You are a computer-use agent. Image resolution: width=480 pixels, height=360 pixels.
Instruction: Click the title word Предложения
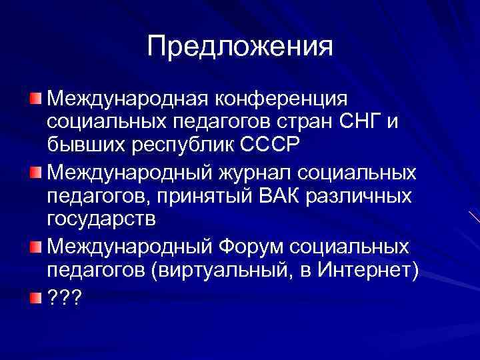tap(239, 47)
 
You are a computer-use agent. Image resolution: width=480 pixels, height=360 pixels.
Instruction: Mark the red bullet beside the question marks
tap(35, 296)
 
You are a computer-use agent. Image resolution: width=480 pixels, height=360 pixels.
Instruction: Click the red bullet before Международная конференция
tap(35, 99)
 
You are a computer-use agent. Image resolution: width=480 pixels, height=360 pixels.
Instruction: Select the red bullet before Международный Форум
tap(35, 247)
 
